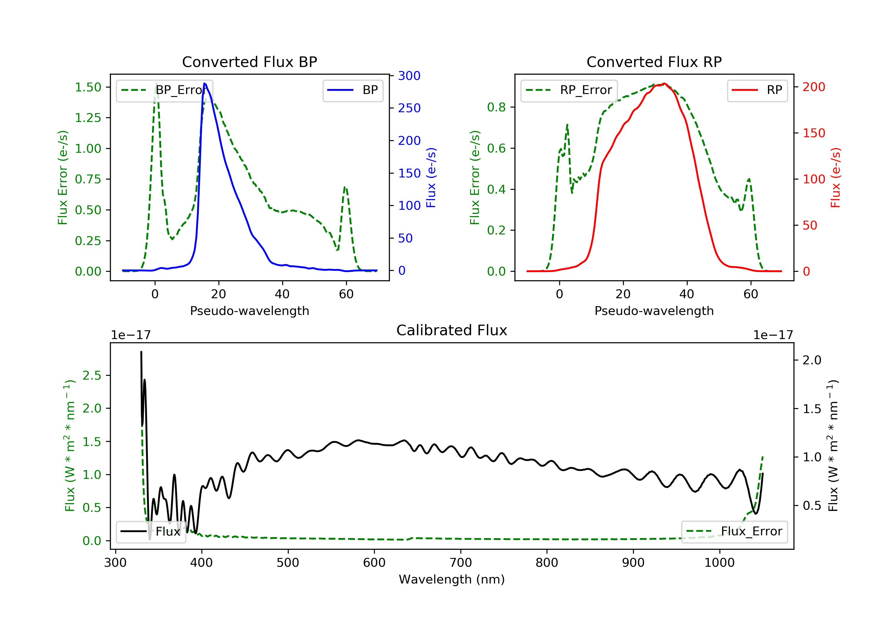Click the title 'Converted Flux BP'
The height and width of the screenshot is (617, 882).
coord(249,62)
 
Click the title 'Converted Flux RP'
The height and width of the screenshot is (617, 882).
coord(654,62)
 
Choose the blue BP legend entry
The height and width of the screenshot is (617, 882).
coord(353,90)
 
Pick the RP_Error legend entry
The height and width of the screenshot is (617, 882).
coord(569,90)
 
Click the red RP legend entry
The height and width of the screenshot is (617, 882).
coord(757,90)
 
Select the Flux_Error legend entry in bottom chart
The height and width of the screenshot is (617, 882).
coord(734,532)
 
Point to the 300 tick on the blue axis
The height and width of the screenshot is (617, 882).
coord(409,76)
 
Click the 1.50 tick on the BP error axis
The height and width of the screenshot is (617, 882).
coord(88,87)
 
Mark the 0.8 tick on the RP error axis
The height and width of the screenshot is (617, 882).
coord(496,107)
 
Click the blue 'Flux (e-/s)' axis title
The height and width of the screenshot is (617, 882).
coord(431,177)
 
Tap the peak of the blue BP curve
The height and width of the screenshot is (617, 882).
coord(205,83)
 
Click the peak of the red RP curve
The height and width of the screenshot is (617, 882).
coord(664,83)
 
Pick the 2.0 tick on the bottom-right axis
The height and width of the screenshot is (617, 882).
coord(812,360)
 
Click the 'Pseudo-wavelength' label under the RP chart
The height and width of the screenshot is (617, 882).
coord(654,311)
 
